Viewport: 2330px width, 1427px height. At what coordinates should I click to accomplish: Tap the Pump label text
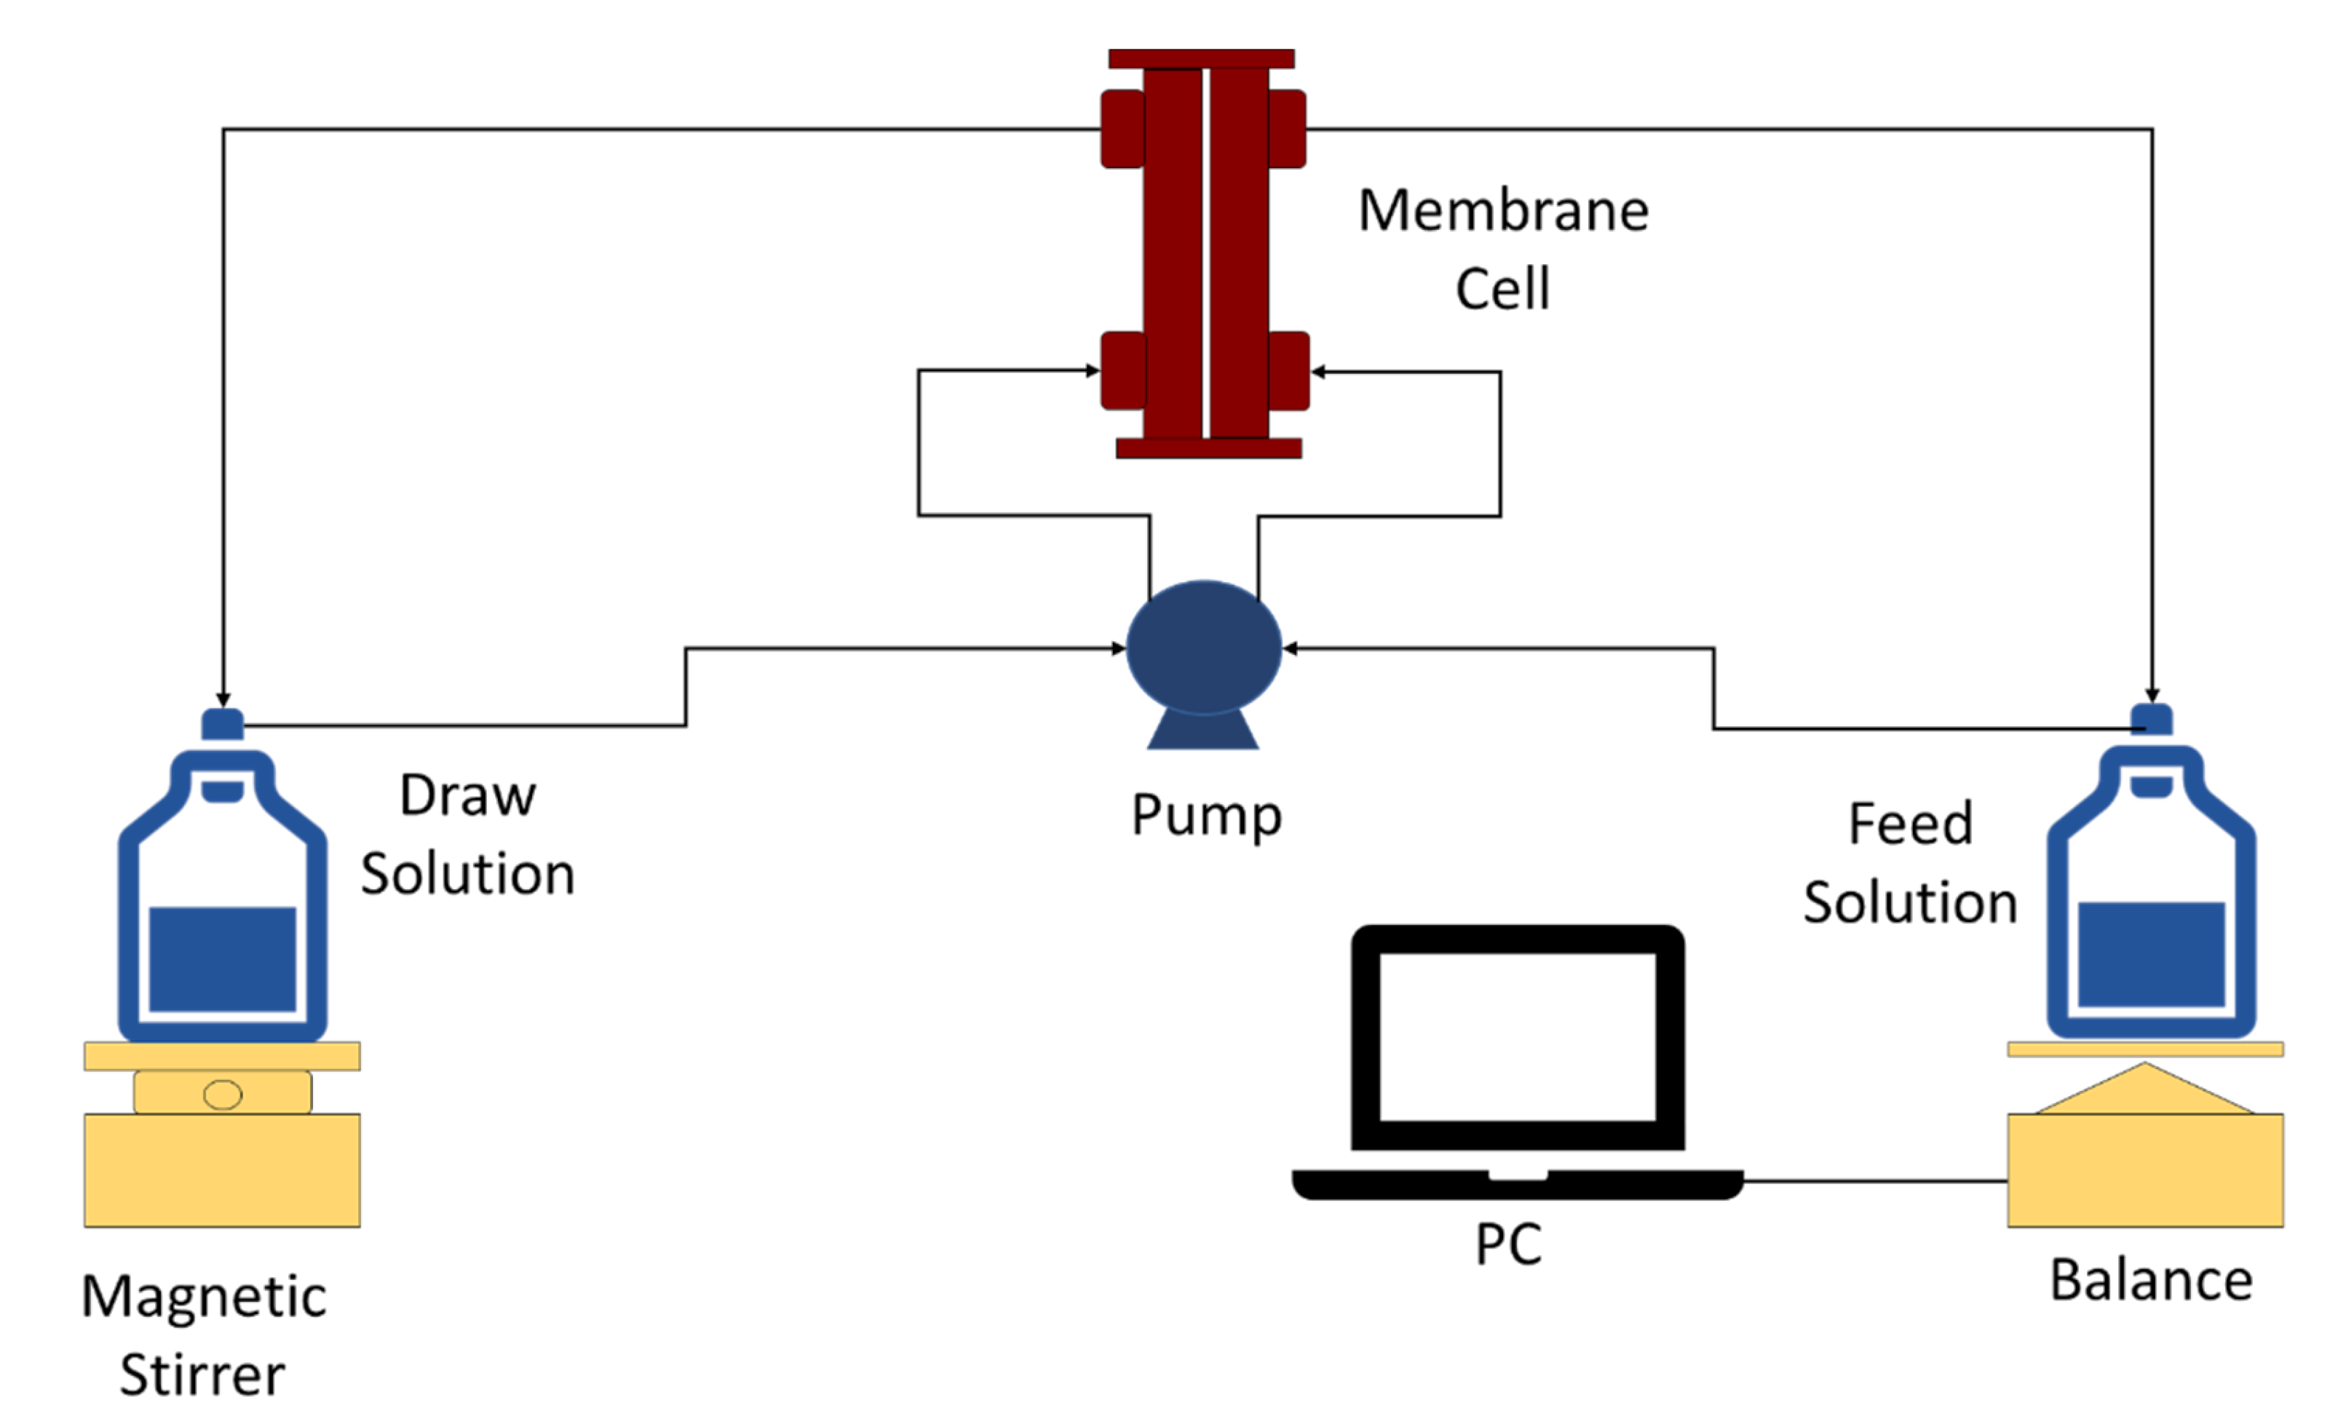tap(1207, 815)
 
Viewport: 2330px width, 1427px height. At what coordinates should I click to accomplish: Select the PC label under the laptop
tap(1508, 1244)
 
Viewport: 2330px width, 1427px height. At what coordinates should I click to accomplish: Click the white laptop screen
tap(1517, 1036)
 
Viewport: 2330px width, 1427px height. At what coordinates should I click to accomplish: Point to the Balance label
tap(2151, 1281)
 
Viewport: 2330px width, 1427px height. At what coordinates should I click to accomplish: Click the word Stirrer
tap(202, 1375)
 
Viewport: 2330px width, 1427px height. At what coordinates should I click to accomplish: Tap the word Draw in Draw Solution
tap(467, 795)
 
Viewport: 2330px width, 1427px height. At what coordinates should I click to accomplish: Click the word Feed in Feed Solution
tap(1910, 824)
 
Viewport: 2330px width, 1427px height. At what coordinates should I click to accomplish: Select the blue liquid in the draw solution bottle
tap(222, 959)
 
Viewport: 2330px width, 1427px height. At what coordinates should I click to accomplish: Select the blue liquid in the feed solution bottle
tap(2151, 954)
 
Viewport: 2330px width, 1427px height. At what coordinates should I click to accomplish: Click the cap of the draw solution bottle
tap(222, 724)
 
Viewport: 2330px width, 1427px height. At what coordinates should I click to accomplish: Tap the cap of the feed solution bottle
tap(2151, 720)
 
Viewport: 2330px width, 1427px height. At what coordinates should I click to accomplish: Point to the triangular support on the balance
tap(2144, 1093)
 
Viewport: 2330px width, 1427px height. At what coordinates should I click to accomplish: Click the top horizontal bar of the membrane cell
tap(1201, 59)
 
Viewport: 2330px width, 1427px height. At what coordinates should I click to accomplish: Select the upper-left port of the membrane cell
tap(1122, 129)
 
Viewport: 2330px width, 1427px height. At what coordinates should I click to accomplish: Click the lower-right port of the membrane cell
tap(1288, 370)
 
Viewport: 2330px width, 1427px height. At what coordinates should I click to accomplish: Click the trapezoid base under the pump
tap(1202, 731)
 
